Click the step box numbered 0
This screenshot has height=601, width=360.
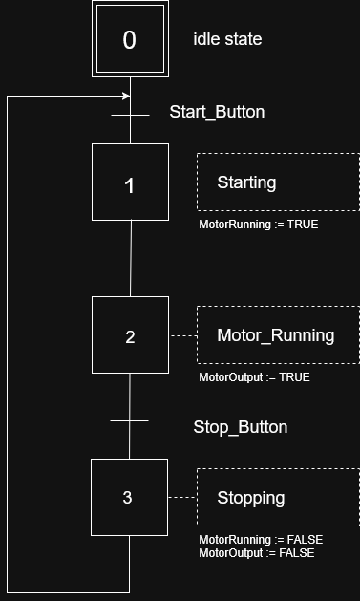[x=130, y=39]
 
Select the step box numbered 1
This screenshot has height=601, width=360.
[x=130, y=182]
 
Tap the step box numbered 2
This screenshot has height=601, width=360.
[x=130, y=335]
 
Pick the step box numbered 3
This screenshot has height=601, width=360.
[x=129, y=497]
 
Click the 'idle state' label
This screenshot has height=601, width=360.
[x=227, y=39]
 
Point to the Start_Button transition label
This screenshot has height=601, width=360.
[x=217, y=112]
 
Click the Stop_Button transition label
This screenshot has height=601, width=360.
[x=240, y=427]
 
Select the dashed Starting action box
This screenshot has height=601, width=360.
[x=278, y=182]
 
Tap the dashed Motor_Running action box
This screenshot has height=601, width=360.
[x=278, y=335]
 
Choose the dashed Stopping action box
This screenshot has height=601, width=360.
[x=278, y=497]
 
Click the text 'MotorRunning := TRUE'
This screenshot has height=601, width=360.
[x=258, y=225]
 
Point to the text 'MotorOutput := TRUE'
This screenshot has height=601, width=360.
[x=254, y=377]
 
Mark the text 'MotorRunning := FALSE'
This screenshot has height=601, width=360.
[x=260, y=540]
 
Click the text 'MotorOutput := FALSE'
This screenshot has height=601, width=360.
[x=256, y=553]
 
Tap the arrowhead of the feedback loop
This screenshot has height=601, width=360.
[x=126, y=97]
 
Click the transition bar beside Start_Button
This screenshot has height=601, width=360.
[x=131, y=117]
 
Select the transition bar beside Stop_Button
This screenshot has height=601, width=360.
[x=130, y=420]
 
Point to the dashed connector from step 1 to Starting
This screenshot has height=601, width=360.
[x=182, y=182]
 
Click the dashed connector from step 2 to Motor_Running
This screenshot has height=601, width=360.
[x=182, y=335]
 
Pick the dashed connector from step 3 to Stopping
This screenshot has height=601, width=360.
[x=181, y=497]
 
